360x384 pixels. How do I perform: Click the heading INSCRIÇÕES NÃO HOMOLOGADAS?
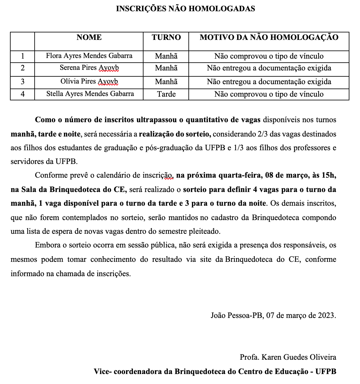point(185,9)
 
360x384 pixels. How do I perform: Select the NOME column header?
point(89,37)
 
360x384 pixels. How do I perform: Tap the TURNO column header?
point(166,37)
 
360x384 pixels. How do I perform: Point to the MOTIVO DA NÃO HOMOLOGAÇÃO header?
point(269,37)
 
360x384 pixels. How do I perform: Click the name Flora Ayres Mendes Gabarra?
point(89,56)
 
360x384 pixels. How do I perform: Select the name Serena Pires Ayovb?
point(89,68)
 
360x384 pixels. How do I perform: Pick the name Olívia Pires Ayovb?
point(89,81)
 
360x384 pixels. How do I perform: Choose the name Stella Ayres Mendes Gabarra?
point(90,94)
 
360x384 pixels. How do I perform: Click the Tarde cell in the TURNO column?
point(166,94)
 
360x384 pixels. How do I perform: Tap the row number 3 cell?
point(22,82)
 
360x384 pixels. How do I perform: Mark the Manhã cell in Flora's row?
point(166,56)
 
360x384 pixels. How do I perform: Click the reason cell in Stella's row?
point(269,94)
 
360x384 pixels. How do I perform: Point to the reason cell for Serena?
point(269,68)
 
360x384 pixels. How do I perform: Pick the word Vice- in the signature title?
point(102,372)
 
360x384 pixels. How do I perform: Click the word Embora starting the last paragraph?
point(48,245)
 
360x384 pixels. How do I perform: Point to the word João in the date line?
point(218,315)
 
